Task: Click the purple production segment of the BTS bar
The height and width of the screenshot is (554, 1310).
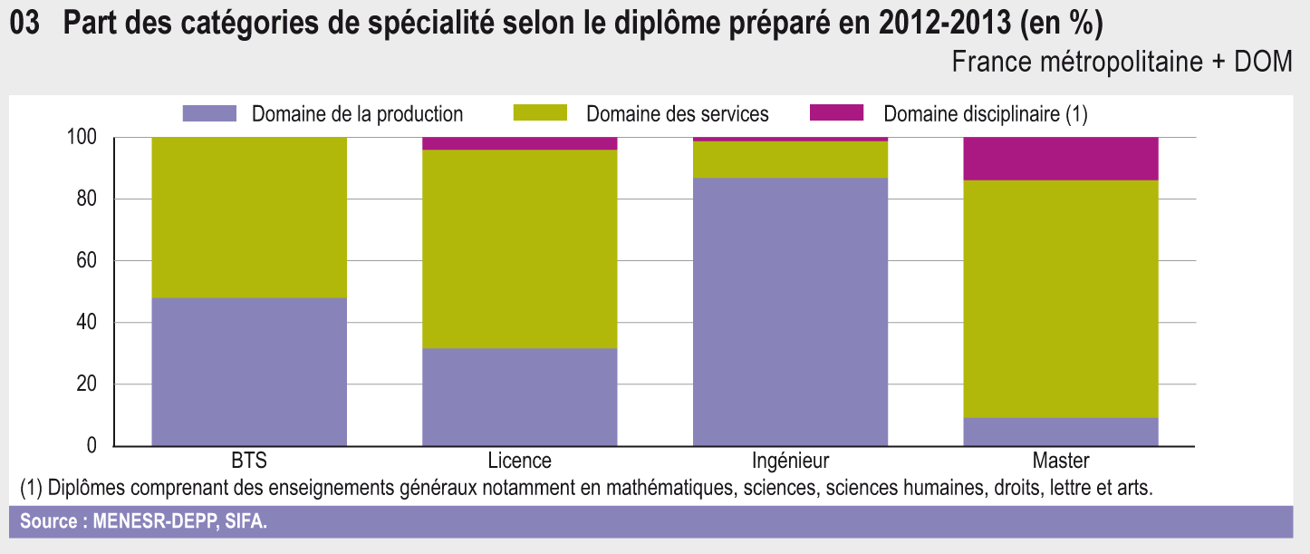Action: [249, 371]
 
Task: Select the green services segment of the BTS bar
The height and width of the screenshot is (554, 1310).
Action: [249, 217]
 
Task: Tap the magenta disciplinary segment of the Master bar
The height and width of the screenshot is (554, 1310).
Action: [1061, 159]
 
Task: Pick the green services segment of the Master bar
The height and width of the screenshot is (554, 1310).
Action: [1061, 299]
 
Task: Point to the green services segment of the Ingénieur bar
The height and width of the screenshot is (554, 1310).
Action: [790, 160]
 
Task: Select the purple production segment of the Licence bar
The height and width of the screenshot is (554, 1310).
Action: [520, 396]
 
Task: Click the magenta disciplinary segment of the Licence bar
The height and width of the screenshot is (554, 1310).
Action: [520, 143]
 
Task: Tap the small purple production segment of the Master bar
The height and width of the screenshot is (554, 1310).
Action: [1061, 432]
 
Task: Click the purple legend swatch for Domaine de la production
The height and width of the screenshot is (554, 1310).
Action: [209, 113]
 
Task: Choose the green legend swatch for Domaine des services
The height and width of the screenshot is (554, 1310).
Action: [540, 113]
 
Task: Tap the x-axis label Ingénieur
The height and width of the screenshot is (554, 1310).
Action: [790, 461]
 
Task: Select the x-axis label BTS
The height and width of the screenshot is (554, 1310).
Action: [249, 461]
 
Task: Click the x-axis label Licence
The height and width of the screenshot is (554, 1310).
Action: [519, 461]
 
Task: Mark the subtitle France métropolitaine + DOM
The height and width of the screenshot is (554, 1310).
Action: [1122, 63]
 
